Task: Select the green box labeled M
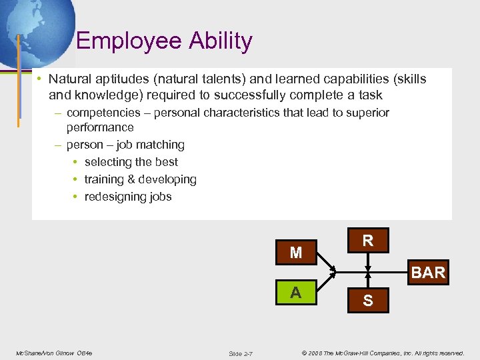point(296,253)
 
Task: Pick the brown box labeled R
point(367,241)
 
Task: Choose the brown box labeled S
point(367,301)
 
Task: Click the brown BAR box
point(428,273)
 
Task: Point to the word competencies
point(103,113)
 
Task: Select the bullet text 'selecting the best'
point(131,162)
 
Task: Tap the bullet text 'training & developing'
point(140,179)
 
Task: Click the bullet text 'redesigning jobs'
point(128,197)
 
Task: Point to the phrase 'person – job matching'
point(125,145)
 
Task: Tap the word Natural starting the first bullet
point(69,79)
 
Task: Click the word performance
point(100,127)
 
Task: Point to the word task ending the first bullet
point(370,95)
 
